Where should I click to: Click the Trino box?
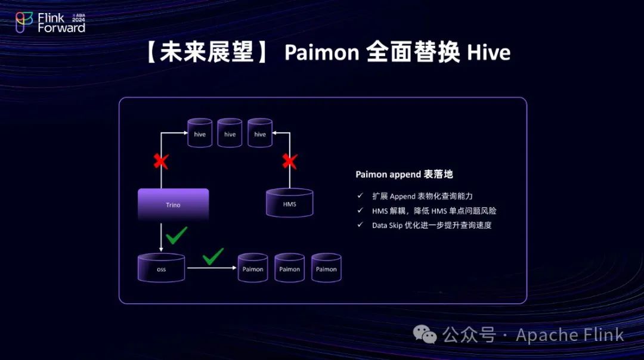tap(173, 204)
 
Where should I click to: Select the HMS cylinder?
tap(289, 203)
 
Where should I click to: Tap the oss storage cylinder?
tap(161, 268)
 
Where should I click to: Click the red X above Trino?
tap(160, 161)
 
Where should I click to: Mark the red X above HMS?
tap(290, 161)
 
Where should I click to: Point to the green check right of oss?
tap(213, 256)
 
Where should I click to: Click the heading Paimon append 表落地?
tap(404, 175)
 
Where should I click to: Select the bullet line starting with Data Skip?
tap(432, 225)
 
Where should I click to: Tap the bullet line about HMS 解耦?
tap(434, 210)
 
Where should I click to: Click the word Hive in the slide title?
tap(488, 53)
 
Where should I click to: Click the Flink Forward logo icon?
tap(24, 22)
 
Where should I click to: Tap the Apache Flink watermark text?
tap(569, 335)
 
